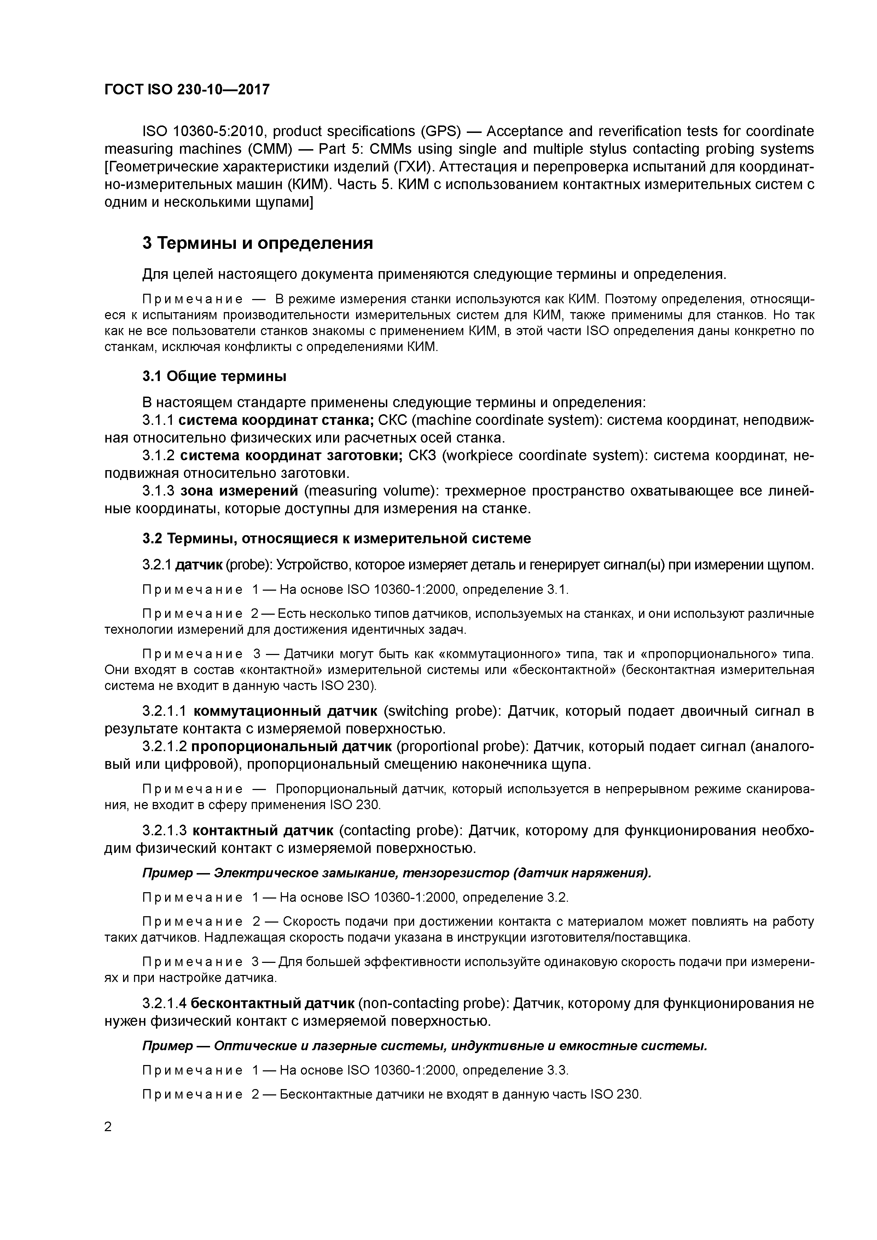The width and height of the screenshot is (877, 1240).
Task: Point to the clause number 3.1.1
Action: [158, 420]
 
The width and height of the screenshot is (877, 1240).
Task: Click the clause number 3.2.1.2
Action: [164, 747]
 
